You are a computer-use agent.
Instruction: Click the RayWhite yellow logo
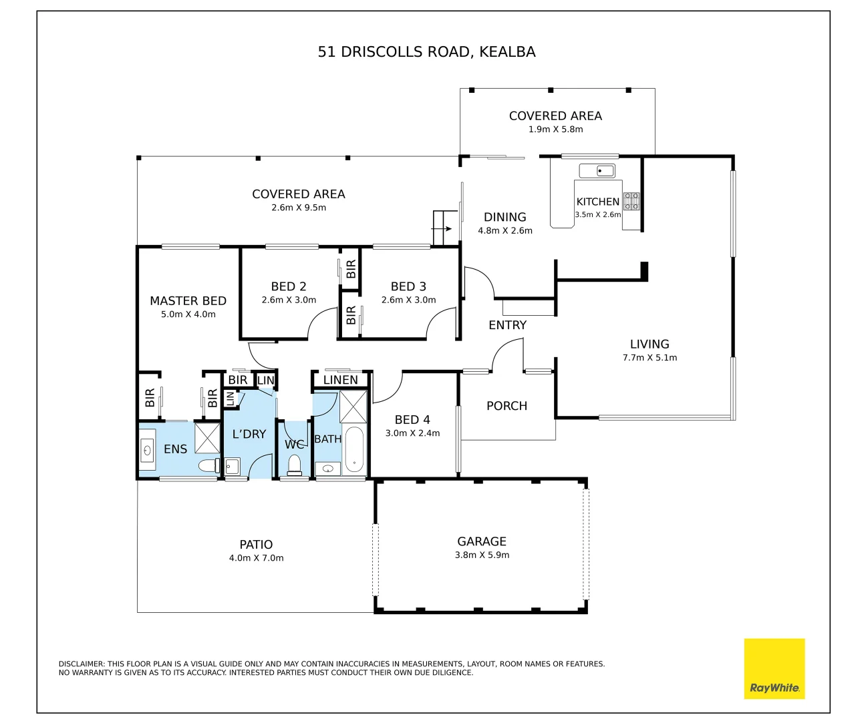[774, 668]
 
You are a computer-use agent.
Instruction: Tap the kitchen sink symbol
[597, 171]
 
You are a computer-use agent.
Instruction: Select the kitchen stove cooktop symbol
[631, 201]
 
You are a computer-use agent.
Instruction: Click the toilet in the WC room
[294, 465]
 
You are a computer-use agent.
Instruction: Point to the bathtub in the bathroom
[353, 449]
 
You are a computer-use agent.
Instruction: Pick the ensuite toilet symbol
[209, 465]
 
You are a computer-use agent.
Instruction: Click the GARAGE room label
[482, 541]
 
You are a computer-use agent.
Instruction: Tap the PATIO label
[256, 545]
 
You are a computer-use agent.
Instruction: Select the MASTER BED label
[188, 301]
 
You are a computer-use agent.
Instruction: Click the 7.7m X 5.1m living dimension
[649, 358]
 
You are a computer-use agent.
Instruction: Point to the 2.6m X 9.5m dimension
[299, 208]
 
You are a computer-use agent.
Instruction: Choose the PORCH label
[507, 406]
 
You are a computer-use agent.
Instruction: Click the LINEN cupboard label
[340, 380]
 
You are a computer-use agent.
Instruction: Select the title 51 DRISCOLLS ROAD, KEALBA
[426, 52]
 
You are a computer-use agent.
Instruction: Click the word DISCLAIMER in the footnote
[82, 664]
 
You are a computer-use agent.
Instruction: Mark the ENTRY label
[507, 325]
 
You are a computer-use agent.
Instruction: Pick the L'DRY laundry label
[249, 434]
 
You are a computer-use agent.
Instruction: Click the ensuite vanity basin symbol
[147, 451]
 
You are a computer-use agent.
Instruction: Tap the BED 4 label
[412, 420]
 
